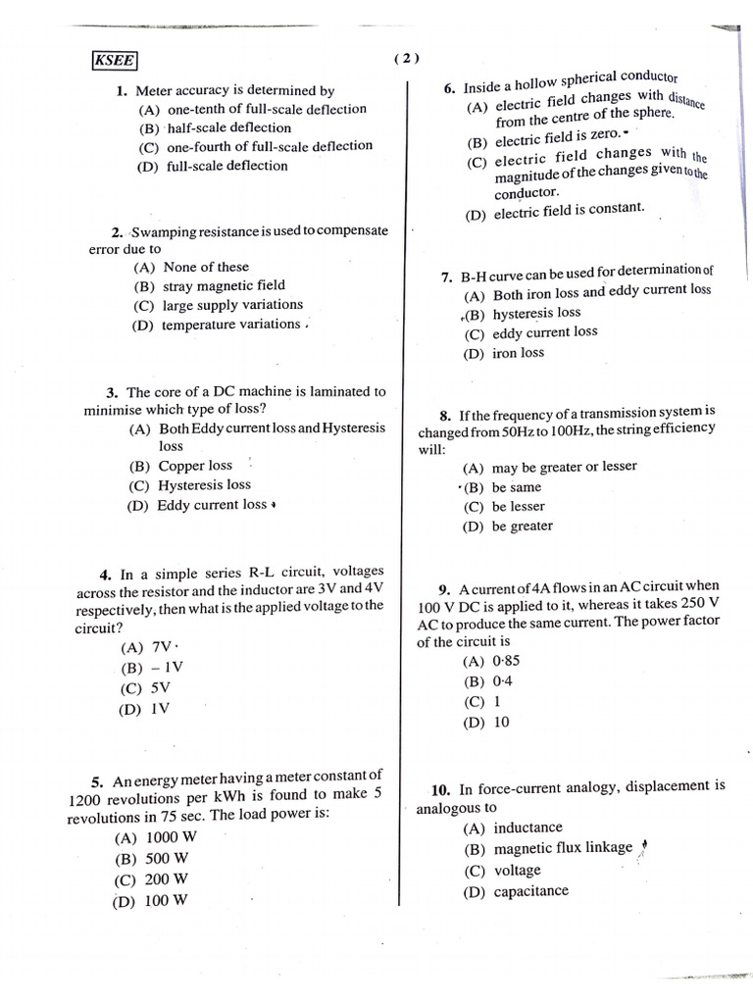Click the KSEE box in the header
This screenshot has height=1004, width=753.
(x=115, y=61)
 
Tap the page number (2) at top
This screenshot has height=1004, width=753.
(x=407, y=58)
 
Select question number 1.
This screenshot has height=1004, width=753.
(x=122, y=91)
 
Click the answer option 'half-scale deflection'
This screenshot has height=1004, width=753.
(x=228, y=127)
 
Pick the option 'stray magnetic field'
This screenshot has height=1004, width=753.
(x=224, y=285)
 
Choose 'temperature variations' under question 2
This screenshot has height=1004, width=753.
(x=230, y=324)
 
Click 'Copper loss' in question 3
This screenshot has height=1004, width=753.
(x=195, y=466)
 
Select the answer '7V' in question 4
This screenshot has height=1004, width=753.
(x=161, y=648)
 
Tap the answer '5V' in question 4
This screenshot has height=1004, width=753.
(x=161, y=687)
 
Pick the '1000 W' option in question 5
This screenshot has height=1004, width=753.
(x=171, y=837)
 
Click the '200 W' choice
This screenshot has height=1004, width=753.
(x=167, y=879)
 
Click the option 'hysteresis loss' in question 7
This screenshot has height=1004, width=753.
(x=536, y=313)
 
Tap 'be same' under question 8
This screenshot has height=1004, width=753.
(x=516, y=487)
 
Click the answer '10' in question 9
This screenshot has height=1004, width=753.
(x=501, y=723)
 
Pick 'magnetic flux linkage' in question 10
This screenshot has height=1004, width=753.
(x=563, y=848)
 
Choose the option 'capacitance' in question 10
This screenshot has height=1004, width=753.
(x=530, y=891)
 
